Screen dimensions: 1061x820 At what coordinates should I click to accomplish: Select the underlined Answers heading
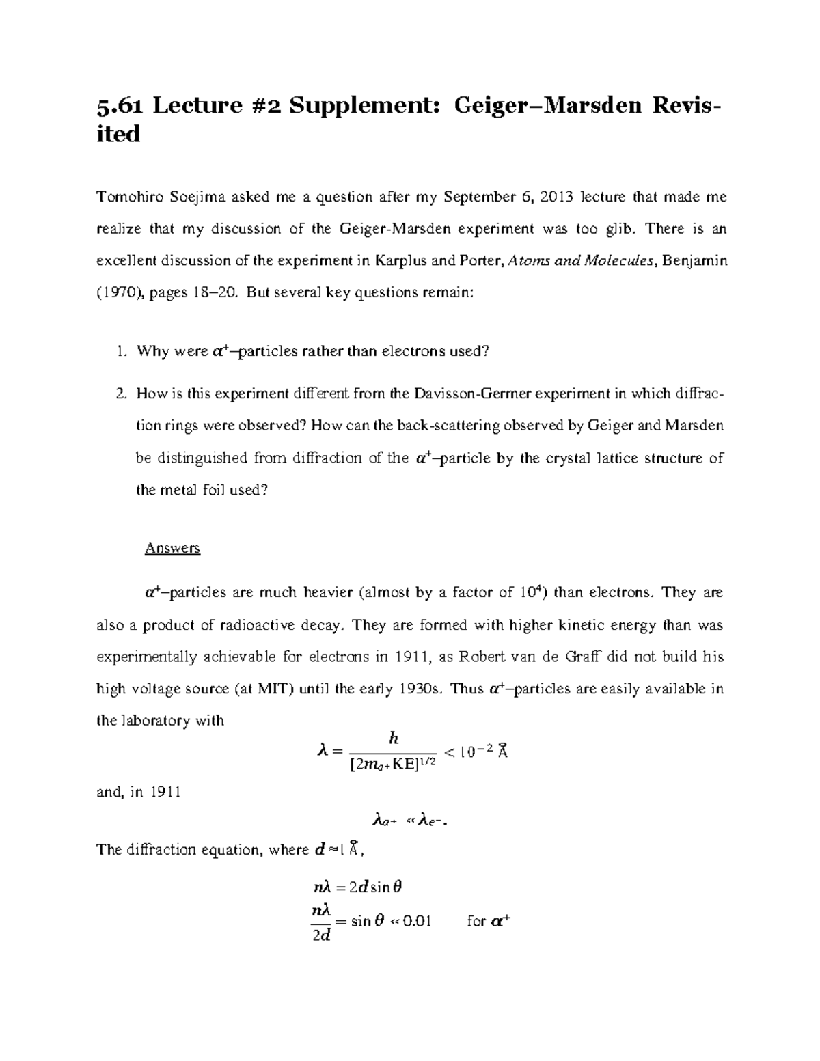click(x=172, y=548)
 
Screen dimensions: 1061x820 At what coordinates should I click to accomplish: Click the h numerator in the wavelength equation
click(x=393, y=738)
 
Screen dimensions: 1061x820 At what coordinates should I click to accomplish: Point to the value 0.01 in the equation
click(x=416, y=921)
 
